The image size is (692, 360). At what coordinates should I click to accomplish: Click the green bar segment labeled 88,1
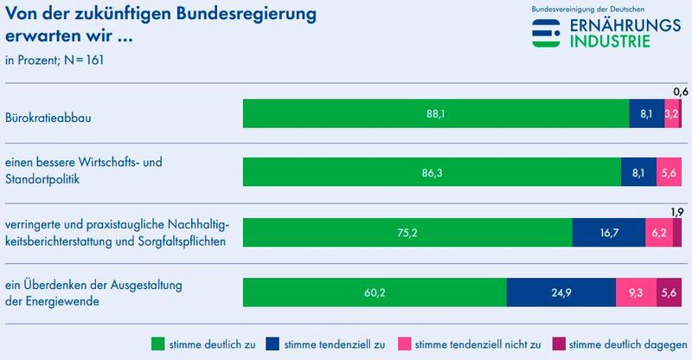click(x=436, y=113)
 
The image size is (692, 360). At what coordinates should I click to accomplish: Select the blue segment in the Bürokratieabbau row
click(x=646, y=113)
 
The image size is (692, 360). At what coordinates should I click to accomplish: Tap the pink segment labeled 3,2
click(x=671, y=113)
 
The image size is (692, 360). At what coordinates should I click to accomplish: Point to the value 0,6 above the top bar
click(x=682, y=91)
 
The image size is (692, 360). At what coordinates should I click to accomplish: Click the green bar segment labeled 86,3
click(x=432, y=173)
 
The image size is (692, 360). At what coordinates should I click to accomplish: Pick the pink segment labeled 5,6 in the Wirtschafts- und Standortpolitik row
click(x=670, y=173)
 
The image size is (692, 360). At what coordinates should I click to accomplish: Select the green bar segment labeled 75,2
click(x=407, y=233)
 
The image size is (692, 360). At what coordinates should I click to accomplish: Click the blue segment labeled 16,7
click(x=609, y=233)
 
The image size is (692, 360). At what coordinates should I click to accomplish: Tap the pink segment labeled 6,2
click(x=658, y=233)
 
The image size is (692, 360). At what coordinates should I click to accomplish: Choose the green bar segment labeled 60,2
click(x=375, y=292)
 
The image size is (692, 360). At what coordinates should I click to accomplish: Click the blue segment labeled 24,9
click(x=561, y=292)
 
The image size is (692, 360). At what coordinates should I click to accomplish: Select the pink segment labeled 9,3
click(x=636, y=292)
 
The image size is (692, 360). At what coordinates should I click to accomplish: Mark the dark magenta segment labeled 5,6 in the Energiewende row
click(x=670, y=292)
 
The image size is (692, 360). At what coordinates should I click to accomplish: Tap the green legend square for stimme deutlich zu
click(x=157, y=344)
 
